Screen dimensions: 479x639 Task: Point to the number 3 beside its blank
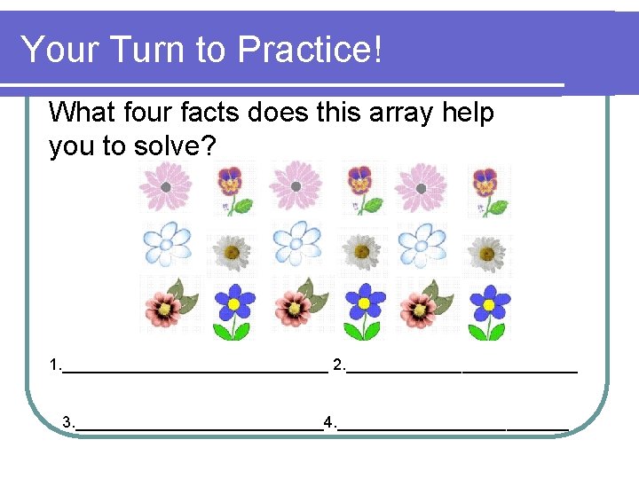coord(67,421)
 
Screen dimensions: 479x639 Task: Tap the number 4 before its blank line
coord(328,421)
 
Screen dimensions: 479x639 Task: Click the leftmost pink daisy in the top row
coord(165,187)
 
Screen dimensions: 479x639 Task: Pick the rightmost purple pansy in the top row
coord(486,191)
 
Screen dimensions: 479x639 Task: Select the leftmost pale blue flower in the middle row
coord(167,244)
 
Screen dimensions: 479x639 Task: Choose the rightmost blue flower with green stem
coord(488,310)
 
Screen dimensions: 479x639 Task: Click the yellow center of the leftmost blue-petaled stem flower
coord(234,303)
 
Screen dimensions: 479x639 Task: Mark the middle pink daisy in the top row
coord(295,187)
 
